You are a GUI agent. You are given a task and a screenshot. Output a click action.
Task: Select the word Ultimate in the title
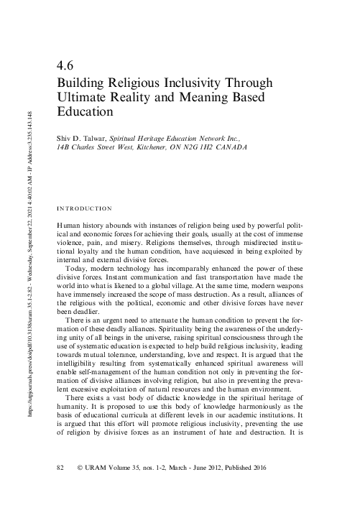(x=83, y=97)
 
